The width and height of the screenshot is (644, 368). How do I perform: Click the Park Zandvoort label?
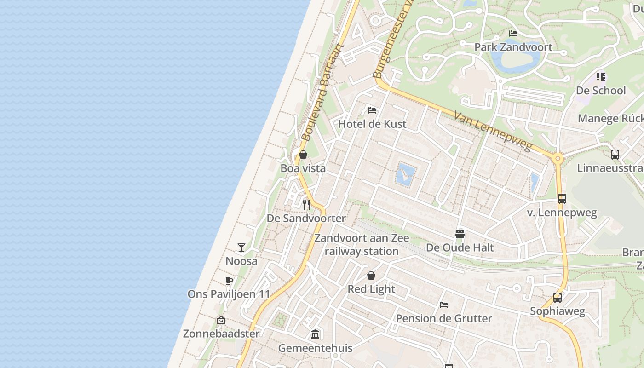click(513, 47)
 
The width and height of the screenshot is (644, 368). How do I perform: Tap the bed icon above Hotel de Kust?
click(372, 110)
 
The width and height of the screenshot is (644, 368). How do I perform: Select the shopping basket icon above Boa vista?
click(303, 155)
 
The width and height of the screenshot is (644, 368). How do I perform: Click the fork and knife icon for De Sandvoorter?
click(306, 204)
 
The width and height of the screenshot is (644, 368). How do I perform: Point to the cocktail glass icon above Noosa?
click(241, 247)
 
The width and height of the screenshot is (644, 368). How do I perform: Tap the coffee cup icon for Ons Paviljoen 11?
click(229, 281)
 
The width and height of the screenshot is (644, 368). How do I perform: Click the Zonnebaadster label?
click(221, 333)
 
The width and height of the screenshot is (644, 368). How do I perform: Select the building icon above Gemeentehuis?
click(315, 334)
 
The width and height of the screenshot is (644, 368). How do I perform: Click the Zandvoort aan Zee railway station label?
click(362, 245)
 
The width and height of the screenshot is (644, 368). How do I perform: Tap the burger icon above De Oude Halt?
click(460, 234)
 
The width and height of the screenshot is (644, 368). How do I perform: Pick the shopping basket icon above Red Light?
click(371, 276)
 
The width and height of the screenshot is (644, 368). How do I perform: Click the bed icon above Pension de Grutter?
click(444, 305)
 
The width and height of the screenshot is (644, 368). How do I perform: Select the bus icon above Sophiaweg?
click(558, 298)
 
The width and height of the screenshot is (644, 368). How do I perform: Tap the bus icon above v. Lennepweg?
click(562, 199)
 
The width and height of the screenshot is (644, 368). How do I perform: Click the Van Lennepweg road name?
click(492, 131)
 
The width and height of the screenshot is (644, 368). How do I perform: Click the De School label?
click(601, 90)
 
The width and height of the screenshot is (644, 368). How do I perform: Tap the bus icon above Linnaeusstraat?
click(615, 155)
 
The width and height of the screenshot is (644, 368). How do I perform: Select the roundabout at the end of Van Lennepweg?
click(558, 159)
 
